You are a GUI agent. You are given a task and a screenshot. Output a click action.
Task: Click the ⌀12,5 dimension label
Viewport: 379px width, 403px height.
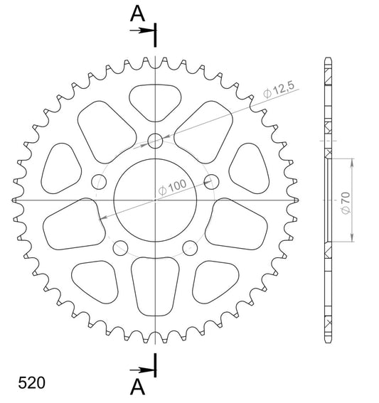tap(279, 90)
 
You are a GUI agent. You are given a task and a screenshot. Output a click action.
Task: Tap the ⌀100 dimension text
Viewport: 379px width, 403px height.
tap(172, 187)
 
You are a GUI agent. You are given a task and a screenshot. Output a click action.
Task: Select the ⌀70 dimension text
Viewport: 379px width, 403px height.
tap(346, 203)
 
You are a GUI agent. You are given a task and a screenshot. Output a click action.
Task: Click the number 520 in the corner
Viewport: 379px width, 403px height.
tap(31, 383)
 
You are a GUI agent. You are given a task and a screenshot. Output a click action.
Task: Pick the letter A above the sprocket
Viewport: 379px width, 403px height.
tap(137, 14)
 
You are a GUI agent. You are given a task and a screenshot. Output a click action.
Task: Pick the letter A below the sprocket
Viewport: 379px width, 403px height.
tap(137, 387)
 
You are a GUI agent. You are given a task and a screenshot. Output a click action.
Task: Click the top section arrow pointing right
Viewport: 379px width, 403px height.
tap(142, 31)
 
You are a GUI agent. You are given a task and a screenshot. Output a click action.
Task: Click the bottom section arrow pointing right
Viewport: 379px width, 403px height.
tap(142, 370)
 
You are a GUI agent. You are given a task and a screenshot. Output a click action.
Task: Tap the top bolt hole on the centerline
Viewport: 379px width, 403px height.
tap(155, 141)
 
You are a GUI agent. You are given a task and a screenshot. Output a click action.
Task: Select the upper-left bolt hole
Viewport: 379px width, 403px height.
tap(99, 182)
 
